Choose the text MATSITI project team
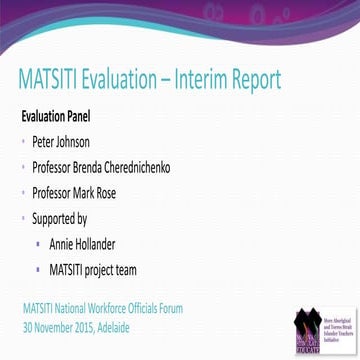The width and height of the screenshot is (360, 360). [x=92, y=268]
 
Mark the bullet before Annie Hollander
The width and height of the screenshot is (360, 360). [x=37, y=243]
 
